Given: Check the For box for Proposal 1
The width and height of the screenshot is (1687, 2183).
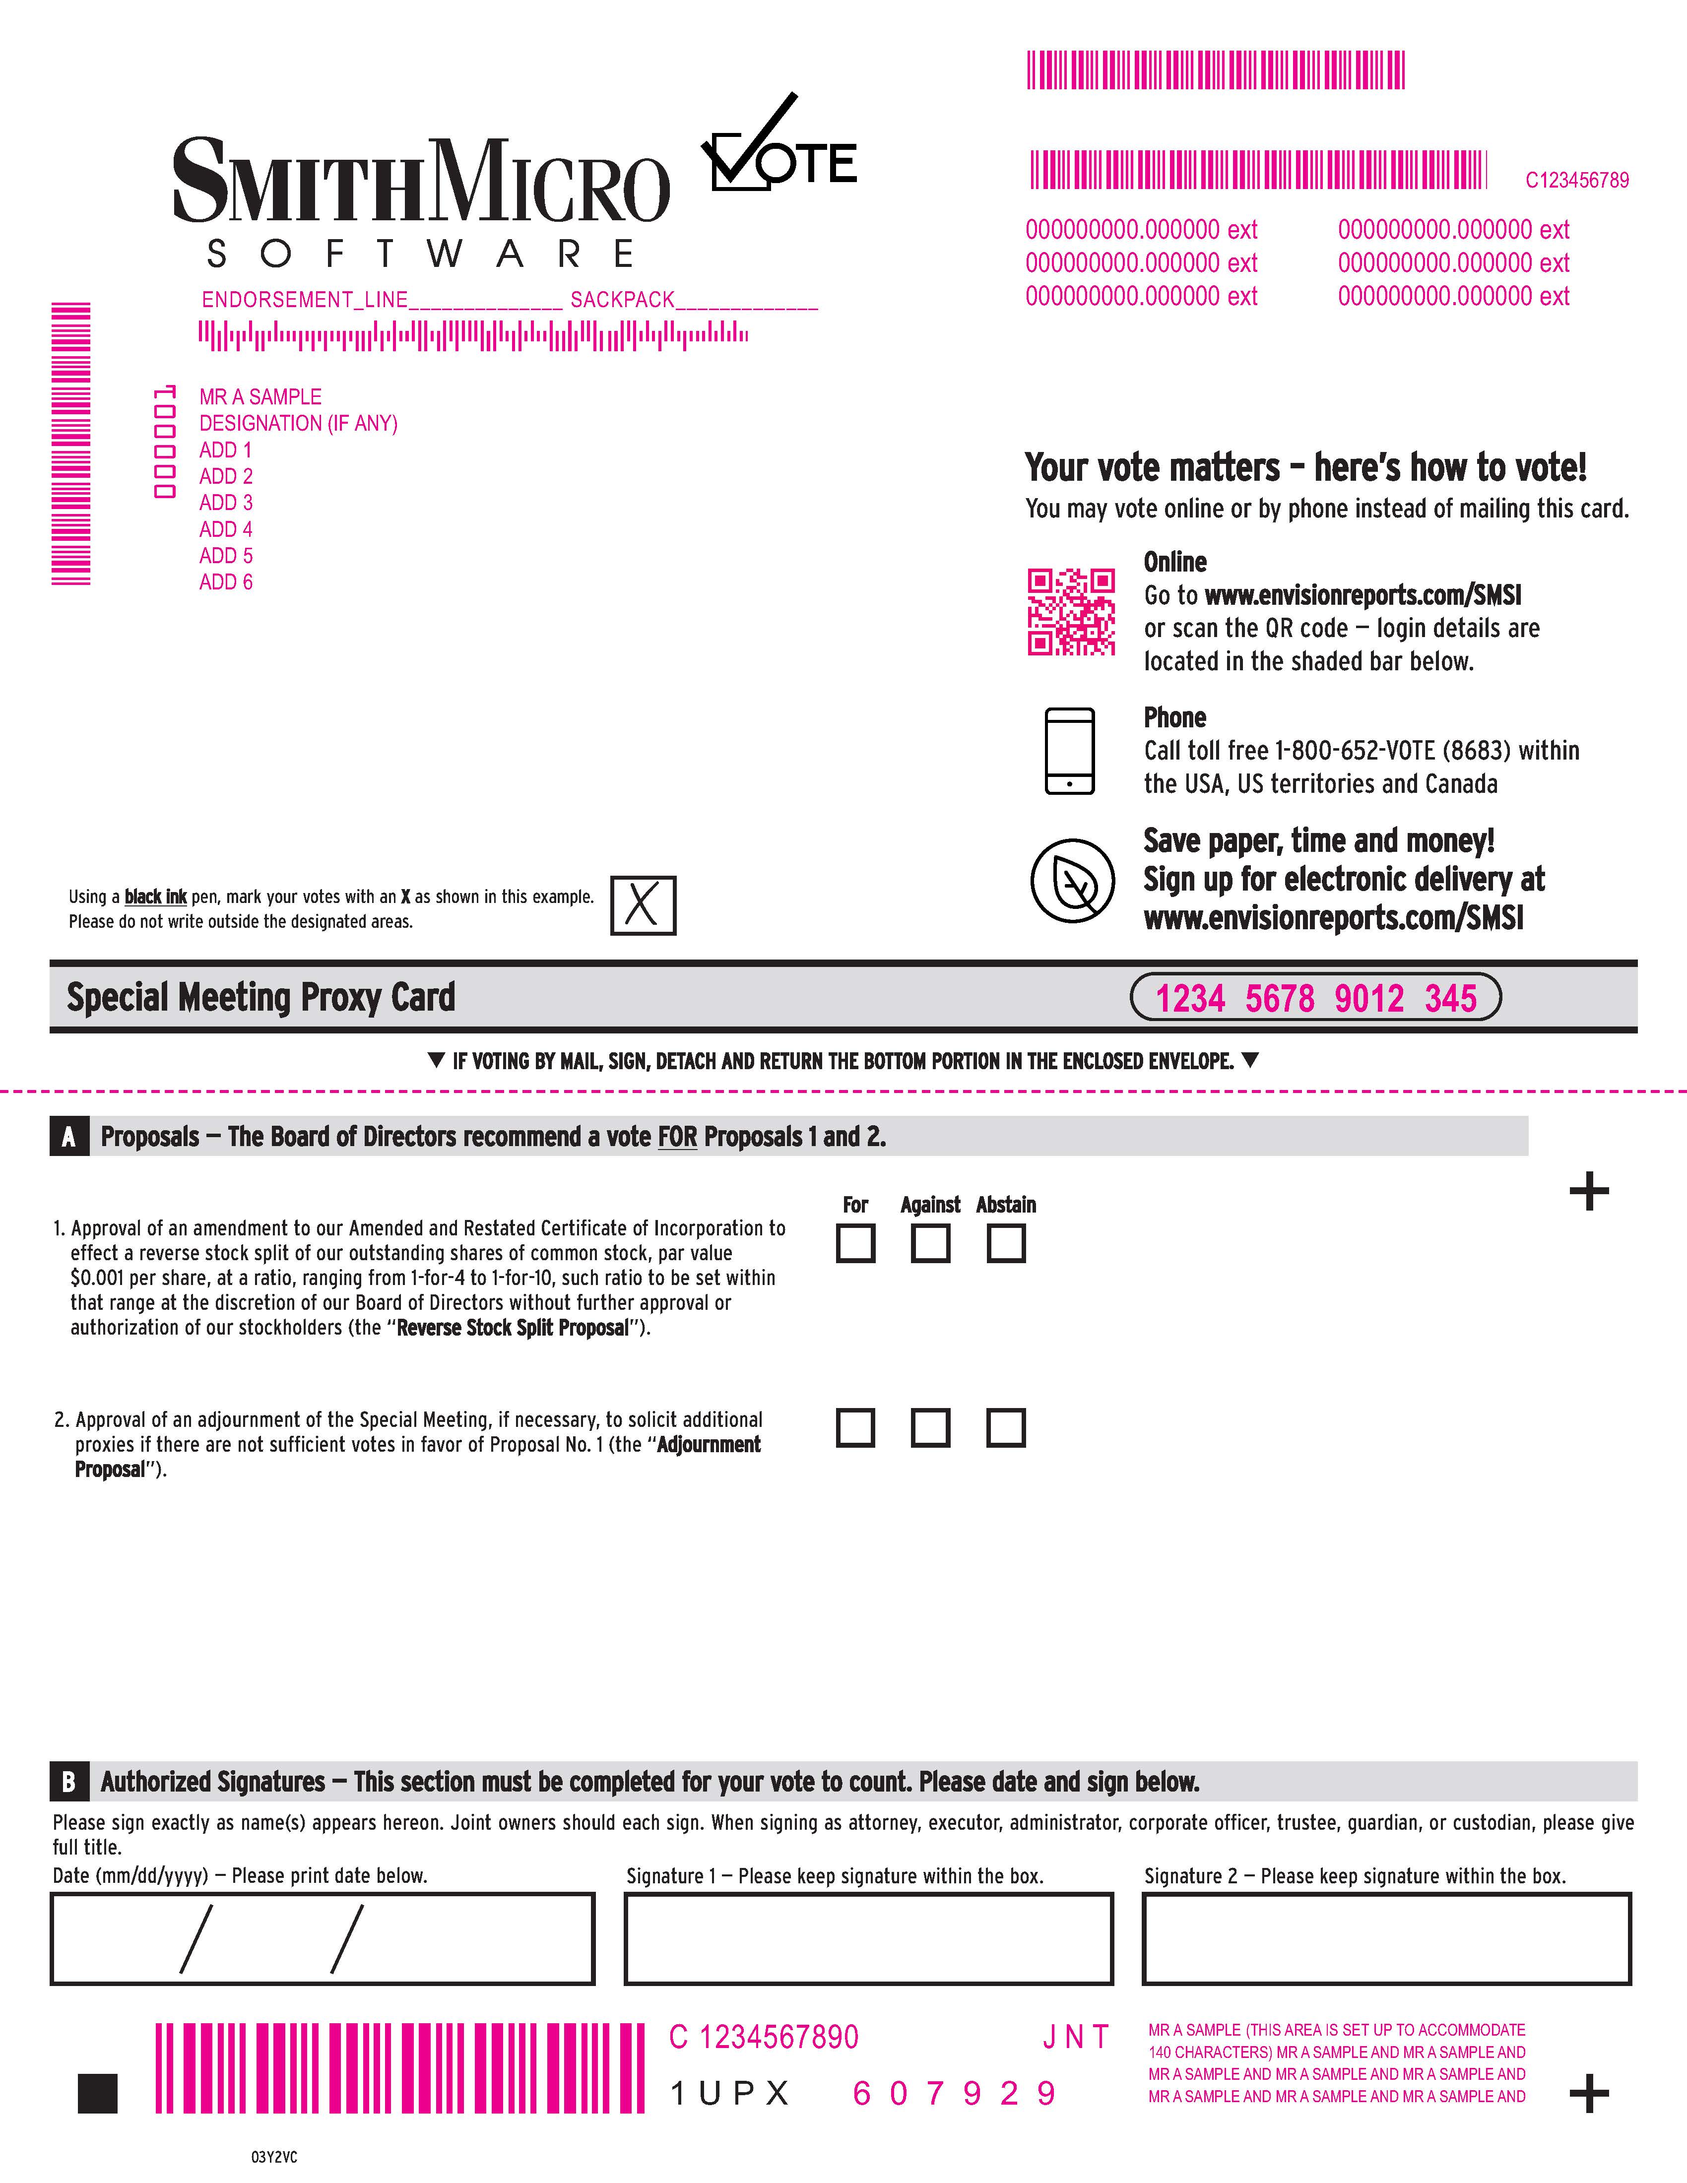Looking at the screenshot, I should (855, 1243).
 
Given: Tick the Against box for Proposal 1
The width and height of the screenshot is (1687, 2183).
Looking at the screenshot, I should (930, 1243).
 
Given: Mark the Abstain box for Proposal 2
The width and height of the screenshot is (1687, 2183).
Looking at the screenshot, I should (1005, 1427).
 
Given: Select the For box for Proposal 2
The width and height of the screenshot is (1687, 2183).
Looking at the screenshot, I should (855, 1427).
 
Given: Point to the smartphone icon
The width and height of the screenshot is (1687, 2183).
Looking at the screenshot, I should (1069, 751).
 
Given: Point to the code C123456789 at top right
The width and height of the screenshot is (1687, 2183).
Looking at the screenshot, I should (1576, 180).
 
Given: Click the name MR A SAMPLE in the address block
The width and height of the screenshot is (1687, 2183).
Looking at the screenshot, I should (260, 397).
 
